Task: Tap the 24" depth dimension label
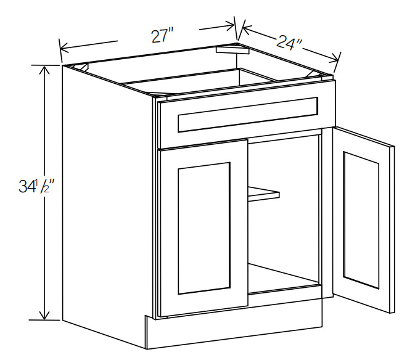290,43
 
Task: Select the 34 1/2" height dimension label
36,186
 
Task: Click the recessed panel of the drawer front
248,115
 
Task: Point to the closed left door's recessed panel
204,228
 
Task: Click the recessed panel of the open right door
361,220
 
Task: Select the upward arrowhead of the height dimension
44,70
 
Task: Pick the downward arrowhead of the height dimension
44,315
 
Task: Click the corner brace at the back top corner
232,49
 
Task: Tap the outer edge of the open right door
392,229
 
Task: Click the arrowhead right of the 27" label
229,25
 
